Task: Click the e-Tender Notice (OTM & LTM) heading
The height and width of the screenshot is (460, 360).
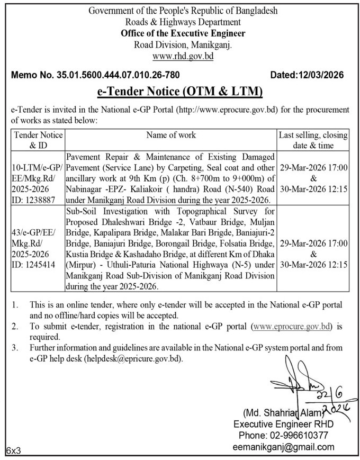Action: tap(180, 92)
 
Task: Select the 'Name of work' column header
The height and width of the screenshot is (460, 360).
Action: tap(172, 135)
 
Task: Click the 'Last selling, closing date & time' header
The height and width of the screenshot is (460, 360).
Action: tap(313, 140)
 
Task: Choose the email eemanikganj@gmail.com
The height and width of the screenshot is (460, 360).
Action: tap(284, 446)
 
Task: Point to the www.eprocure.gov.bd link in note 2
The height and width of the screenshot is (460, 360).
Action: tap(292, 327)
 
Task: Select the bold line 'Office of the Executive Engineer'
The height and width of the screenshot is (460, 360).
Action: tap(179, 33)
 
